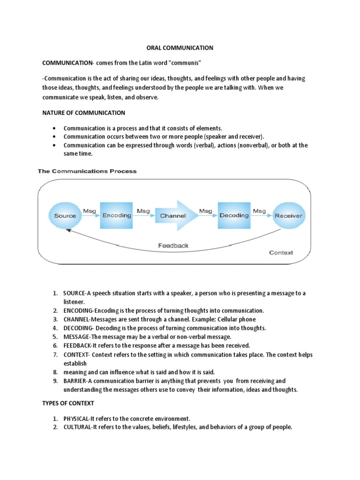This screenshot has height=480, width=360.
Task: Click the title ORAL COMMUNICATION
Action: pos(177,48)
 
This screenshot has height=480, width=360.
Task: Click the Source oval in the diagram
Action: pos(65,216)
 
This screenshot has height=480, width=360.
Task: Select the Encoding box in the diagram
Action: pos(116,215)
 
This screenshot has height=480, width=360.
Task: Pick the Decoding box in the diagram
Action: pos(234,215)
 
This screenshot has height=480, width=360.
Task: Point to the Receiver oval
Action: pos(288,216)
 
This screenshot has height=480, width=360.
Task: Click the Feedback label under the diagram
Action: pos(173,245)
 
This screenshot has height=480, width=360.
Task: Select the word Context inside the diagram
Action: pos(281,252)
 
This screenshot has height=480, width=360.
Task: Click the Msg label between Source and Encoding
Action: pos(90,211)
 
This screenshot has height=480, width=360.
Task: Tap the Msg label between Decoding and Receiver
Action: pos(259,211)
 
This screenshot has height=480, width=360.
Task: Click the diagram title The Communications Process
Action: pos(87,172)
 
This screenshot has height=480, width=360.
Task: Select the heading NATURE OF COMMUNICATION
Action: pos(83,112)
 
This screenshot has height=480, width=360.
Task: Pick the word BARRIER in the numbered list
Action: pos(75,381)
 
